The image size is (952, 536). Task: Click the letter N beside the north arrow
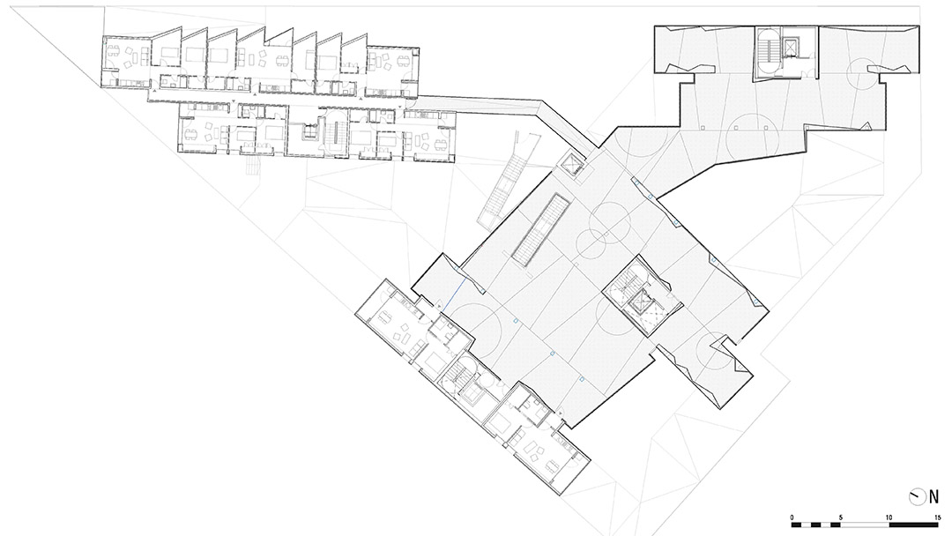click(933, 497)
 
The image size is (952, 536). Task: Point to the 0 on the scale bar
click(792, 517)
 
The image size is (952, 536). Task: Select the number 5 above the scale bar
click(840, 517)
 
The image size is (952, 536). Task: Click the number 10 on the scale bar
click(889, 517)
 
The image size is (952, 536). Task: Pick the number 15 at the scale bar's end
click(937, 517)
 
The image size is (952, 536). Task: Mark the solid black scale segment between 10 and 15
click(914, 524)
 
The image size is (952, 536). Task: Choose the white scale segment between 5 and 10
click(866, 524)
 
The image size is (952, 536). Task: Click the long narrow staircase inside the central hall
click(540, 230)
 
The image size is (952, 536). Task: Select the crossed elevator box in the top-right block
click(791, 47)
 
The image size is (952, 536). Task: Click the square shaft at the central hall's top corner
click(572, 164)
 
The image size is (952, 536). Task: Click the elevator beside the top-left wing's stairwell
click(310, 132)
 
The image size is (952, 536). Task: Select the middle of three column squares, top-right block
click(733, 128)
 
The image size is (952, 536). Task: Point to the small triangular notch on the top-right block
click(866, 126)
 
